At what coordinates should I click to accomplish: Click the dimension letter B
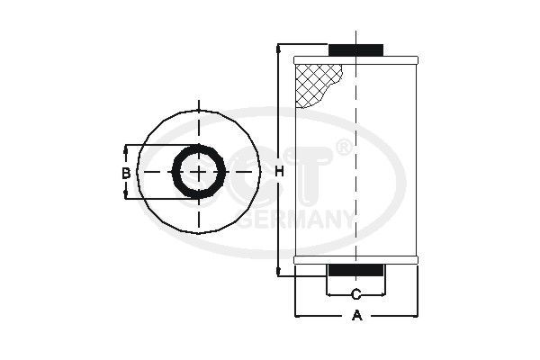[x=126, y=172]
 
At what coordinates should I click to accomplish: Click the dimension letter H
[x=279, y=172]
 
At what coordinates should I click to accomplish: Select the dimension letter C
[x=356, y=294]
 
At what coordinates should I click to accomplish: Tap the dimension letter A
[x=356, y=316]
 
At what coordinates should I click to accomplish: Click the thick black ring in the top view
[x=196, y=148]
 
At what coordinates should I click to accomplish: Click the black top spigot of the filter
[x=356, y=49]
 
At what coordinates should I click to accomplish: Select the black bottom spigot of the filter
[x=356, y=270]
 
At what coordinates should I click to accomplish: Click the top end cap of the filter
[x=356, y=59]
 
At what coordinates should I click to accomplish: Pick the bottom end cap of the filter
[x=356, y=261]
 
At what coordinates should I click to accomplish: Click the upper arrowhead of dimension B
[x=126, y=148]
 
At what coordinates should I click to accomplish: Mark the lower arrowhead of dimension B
[x=126, y=195]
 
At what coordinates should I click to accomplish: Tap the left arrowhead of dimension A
[x=299, y=316]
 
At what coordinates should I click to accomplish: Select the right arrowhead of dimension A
[x=415, y=316]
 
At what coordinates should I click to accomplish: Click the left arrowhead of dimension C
[x=330, y=294]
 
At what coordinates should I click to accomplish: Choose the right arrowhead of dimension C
[x=383, y=294]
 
